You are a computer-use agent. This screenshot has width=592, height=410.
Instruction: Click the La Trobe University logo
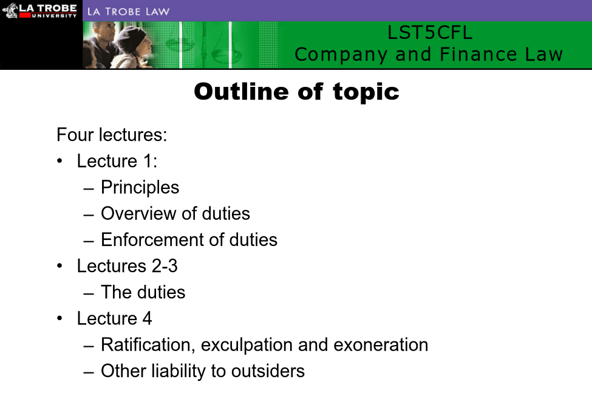click(39, 10)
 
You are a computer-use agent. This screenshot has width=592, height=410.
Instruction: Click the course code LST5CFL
click(430, 32)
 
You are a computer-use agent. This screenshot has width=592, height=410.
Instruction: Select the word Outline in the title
click(242, 91)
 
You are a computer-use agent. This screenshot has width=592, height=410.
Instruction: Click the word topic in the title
click(366, 92)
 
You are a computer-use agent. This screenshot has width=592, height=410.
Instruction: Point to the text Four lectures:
click(112, 135)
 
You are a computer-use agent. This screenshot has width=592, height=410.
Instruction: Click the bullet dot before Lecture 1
click(60, 161)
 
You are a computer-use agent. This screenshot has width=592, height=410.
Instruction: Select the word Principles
click(140, 188)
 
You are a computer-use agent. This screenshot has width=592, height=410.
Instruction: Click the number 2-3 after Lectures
click(165, 266)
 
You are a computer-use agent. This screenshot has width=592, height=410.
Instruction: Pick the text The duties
click(143, 292)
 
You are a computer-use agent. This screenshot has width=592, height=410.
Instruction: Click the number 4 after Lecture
click(148, 318)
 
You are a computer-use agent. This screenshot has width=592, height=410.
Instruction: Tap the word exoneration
click(381, 345)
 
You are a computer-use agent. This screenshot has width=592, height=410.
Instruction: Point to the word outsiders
click(268, 371)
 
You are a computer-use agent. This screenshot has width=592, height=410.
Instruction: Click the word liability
click(179, 372)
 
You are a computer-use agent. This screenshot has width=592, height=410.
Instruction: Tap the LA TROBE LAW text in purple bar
click(128, 12)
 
